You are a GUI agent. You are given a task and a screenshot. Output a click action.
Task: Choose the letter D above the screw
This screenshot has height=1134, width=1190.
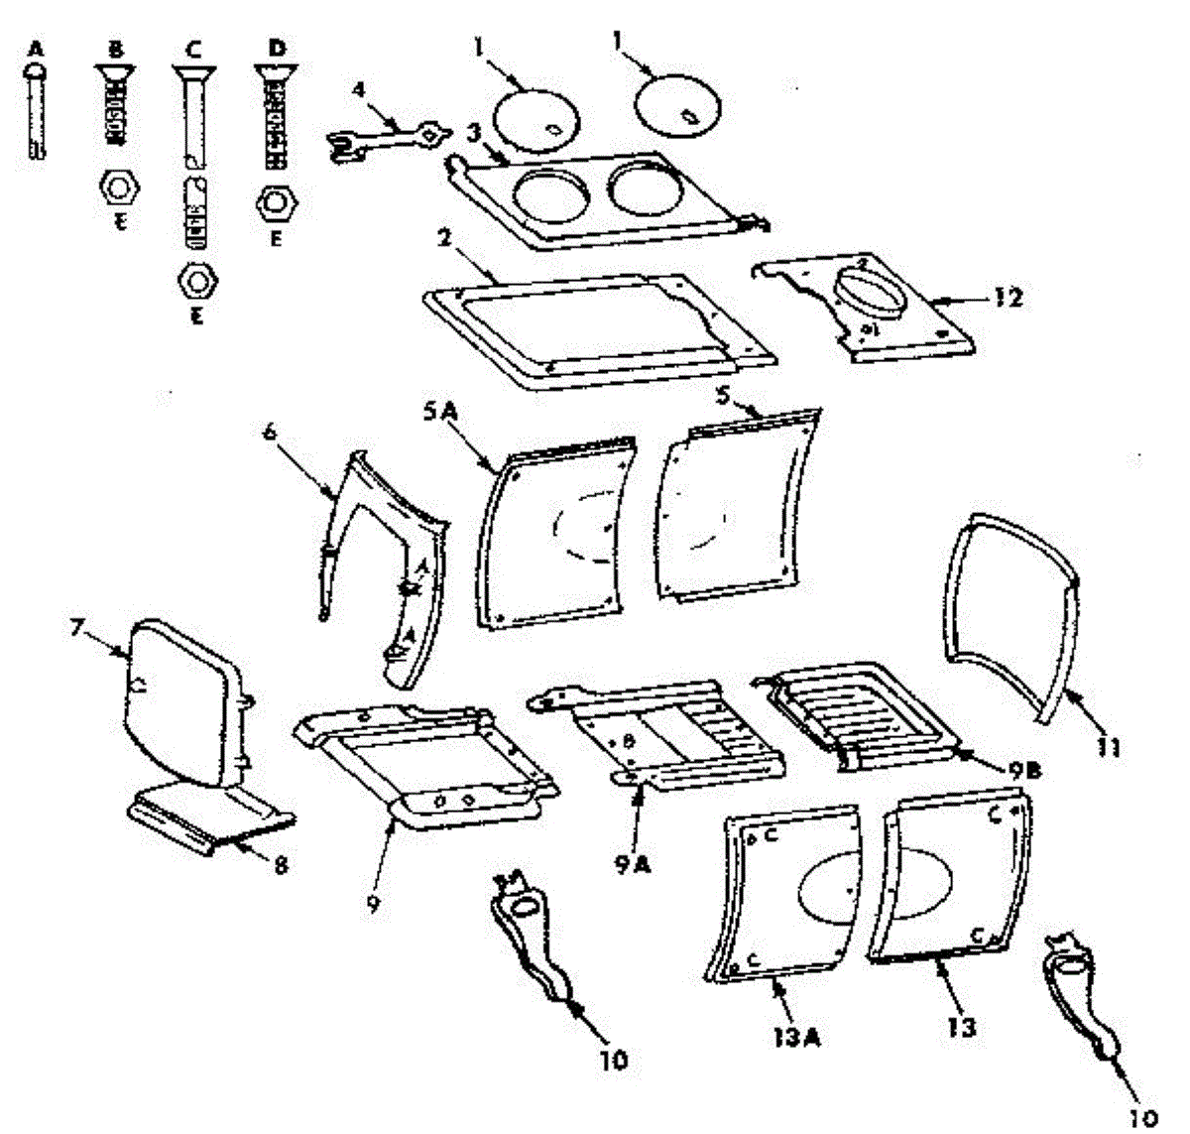pyautogui.click(x=275, y=47)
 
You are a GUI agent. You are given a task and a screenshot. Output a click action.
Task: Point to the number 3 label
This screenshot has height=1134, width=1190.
pyautogui.click(x=474, y=131)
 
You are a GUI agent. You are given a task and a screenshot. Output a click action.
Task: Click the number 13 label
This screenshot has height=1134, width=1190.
pyautogui.click(x=961, y=1026)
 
